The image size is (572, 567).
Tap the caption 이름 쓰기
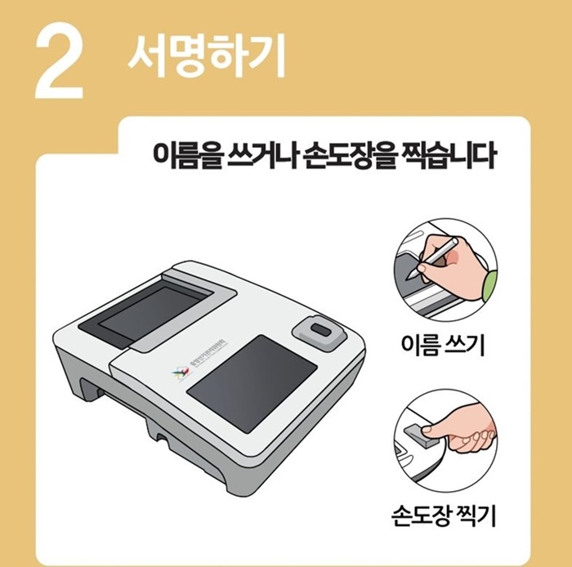coord(444,347)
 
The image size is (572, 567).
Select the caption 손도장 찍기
coord(445,516)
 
